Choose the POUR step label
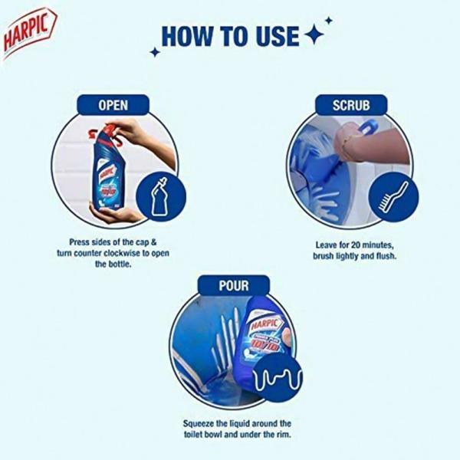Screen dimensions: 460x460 click(233, 284)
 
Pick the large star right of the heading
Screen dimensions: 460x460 click(313, 34)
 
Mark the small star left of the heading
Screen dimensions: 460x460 click(155, 52)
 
